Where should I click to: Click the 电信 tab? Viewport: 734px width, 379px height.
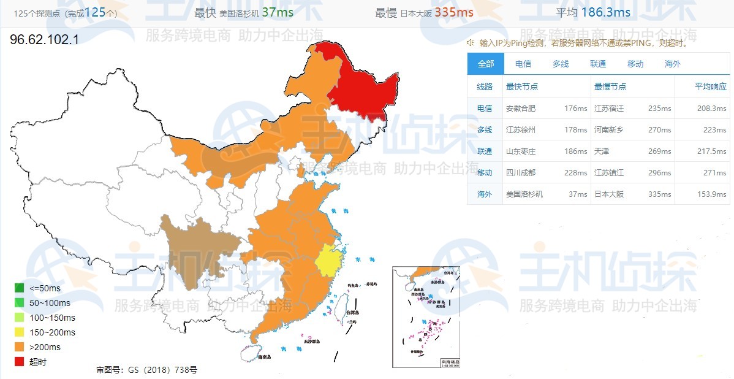click(x=523, y=64)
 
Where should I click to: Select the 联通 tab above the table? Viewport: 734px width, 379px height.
click(x=597, y=64)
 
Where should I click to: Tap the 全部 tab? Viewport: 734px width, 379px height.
click(x=485, y=64)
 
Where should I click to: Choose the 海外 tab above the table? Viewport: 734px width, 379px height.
click(x=672, y=64)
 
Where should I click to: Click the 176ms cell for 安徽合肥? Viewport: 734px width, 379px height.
click(x=575, y=109)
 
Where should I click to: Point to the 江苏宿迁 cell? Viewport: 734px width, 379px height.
click(x=609, y=109)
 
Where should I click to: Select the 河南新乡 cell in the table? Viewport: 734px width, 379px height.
click(x=609, y=130)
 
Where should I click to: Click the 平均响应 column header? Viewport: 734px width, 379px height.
click(x=710, y=87)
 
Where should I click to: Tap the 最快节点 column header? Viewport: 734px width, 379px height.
click(x=522, y=87)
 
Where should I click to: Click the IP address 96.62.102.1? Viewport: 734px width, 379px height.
click(x=44, y=40)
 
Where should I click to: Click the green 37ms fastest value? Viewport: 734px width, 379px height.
click(x=278, y=12)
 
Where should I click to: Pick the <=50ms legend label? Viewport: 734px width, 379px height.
click(x=45, y=288)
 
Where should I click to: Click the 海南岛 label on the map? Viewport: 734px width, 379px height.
click(x=264, y=357)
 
